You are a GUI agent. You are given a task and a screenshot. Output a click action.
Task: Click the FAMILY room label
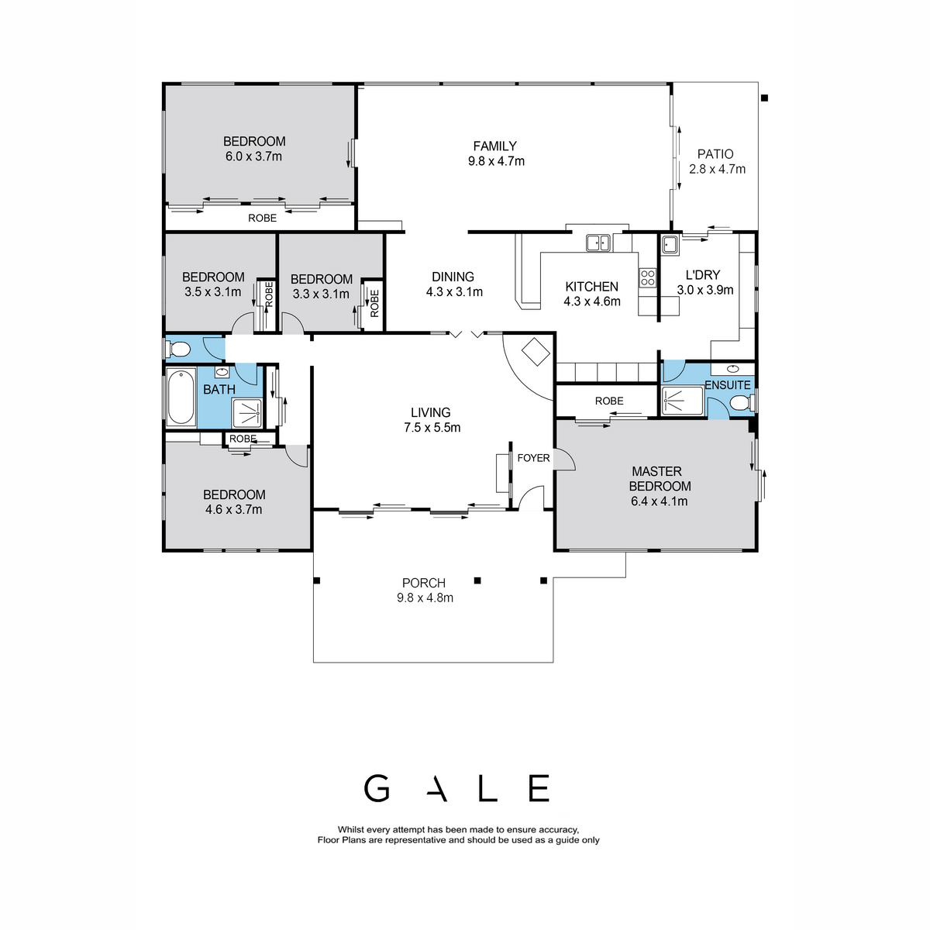[494, 146]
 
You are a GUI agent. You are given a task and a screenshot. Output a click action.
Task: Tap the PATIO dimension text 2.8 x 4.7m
[717, 170]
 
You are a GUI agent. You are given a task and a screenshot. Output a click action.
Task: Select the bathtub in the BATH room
[181, 398]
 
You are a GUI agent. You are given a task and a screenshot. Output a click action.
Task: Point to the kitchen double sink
[598, 243]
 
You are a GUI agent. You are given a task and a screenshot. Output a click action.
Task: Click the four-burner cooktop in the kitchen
[647, 277]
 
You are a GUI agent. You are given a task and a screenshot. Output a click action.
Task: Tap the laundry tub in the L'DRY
[670, 245]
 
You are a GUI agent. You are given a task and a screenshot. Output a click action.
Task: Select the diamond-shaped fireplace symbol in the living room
[536, 352]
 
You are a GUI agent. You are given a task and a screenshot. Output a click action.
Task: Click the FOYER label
[532, 458]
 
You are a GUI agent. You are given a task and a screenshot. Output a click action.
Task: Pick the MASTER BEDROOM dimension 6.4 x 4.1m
[659, 501]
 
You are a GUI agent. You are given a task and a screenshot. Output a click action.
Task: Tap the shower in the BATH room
[247, 413]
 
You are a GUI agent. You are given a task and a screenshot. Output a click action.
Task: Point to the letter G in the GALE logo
[377, 788]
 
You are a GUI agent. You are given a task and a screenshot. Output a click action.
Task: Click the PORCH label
[424, 583]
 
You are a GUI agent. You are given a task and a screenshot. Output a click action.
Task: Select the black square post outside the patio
[764, 98]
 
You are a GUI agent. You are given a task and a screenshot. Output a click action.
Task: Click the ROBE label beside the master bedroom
[609, 401]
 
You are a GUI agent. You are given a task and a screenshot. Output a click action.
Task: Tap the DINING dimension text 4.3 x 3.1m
[453, 291]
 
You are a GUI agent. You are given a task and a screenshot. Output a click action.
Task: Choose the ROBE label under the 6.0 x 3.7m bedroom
[262, 218]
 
